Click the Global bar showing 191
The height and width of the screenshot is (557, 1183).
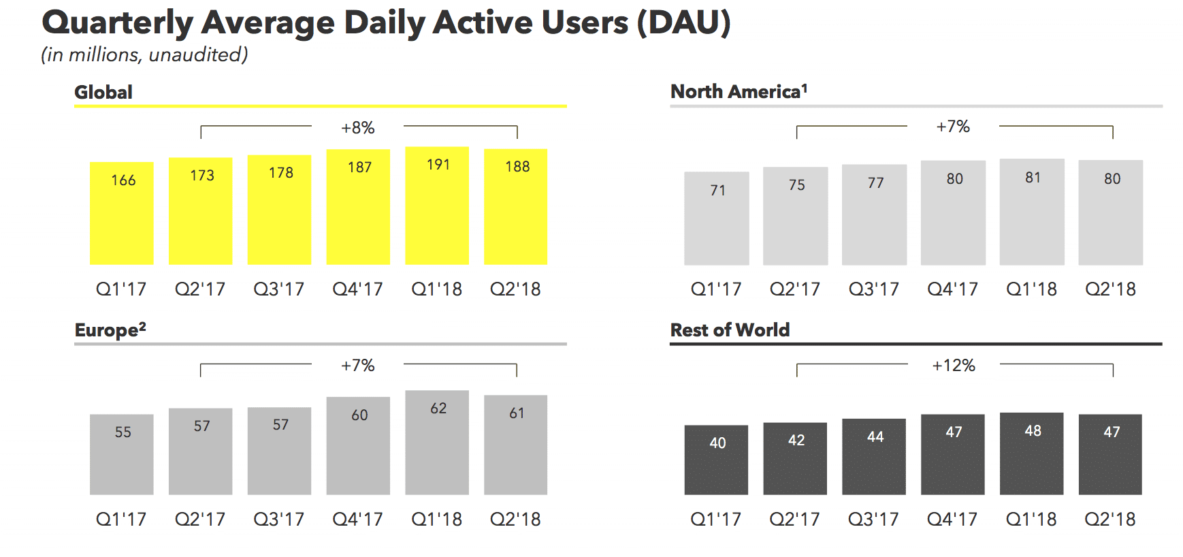tap(437, 206)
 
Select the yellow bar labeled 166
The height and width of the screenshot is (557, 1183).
tap(122, 213)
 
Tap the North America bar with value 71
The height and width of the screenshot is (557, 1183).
tap(717, 218)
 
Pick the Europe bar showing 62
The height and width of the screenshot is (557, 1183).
tap(437, 443)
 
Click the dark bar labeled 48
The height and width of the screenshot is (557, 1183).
tap(1032, 453)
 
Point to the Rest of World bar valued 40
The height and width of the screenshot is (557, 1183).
tap(716, 460)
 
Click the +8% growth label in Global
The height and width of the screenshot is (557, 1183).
tap(358, 128)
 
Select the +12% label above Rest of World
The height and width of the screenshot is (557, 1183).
tap(954, 366)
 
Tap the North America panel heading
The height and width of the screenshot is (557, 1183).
tap(739, 91)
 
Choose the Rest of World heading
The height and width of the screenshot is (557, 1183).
tap(730, 330)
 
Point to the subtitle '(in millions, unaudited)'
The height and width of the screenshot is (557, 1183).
tap(144, 54)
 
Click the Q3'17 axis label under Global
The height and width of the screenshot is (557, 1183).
tap(279, 289)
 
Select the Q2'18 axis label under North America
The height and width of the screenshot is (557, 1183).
tap(1110, 289)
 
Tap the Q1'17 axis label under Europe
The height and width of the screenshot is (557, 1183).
tap(121, 520)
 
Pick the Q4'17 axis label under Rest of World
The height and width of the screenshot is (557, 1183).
tap(952, 520)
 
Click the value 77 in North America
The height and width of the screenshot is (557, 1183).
tap(875, 183)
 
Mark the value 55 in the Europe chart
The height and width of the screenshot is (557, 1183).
tap(123, 432)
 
